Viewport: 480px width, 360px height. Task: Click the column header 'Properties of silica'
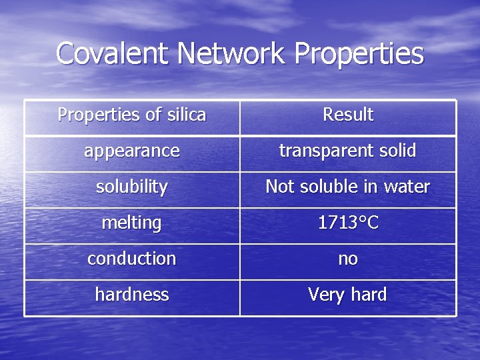pos(132,115)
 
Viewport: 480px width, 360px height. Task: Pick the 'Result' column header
pos(348,115)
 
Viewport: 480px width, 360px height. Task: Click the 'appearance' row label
pos(132,151)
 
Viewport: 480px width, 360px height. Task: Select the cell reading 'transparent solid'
pos(347,151)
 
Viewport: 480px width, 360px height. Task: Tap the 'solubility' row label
pos(132,187)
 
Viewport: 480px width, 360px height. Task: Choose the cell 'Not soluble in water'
pos(347,187)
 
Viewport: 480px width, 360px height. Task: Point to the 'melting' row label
pos(132,223)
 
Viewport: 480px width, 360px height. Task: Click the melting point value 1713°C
pos(348,223)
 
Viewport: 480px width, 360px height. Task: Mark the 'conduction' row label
pos(132,259)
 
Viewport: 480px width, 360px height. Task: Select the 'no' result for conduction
pos(348,259)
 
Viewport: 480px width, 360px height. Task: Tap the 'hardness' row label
pos(132,295)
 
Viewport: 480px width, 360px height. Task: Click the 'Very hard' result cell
pos(347,295)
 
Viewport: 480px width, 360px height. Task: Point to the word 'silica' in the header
pos(186,115)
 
